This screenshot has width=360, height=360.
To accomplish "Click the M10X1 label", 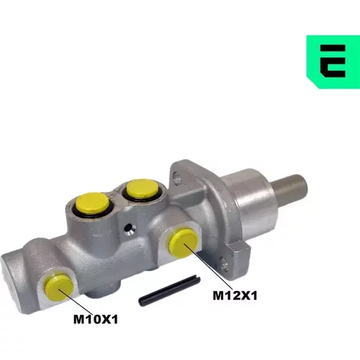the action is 96,320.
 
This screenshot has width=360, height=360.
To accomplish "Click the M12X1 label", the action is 235,295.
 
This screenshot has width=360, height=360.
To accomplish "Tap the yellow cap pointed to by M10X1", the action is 59,288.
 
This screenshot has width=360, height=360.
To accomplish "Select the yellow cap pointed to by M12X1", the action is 184,243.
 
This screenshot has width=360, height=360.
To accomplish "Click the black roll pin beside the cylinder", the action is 169,290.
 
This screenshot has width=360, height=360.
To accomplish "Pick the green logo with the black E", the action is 333,62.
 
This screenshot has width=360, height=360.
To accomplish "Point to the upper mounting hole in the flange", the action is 177,178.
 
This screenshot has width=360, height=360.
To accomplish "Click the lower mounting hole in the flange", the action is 225,264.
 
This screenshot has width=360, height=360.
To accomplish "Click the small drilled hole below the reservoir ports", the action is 129,228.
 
